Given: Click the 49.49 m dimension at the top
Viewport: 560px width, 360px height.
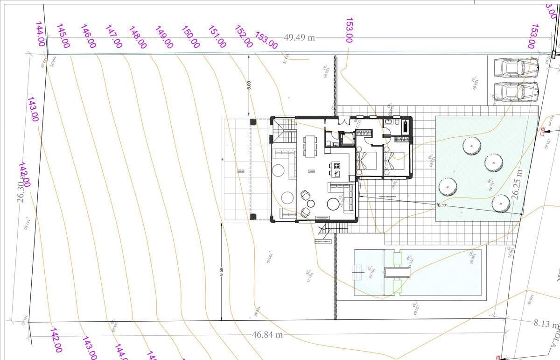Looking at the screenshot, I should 299,37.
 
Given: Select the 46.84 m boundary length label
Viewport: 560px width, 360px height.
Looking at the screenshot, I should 267,335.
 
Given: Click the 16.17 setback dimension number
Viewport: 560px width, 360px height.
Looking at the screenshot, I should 441,205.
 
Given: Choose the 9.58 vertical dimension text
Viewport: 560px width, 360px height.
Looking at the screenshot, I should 222,271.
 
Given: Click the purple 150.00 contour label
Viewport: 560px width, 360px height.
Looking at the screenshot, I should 191,37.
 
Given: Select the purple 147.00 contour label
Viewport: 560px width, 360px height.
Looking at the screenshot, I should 114,36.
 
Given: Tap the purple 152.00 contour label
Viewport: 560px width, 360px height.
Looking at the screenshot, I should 244,36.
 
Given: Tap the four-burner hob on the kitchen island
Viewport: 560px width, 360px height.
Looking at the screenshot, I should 336,166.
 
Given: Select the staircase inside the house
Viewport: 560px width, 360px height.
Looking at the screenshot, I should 284,131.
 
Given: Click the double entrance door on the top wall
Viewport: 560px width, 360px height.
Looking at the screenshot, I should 344,121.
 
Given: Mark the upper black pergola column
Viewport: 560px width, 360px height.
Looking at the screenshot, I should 253,122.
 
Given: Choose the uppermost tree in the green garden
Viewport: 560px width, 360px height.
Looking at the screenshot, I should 472,146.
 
